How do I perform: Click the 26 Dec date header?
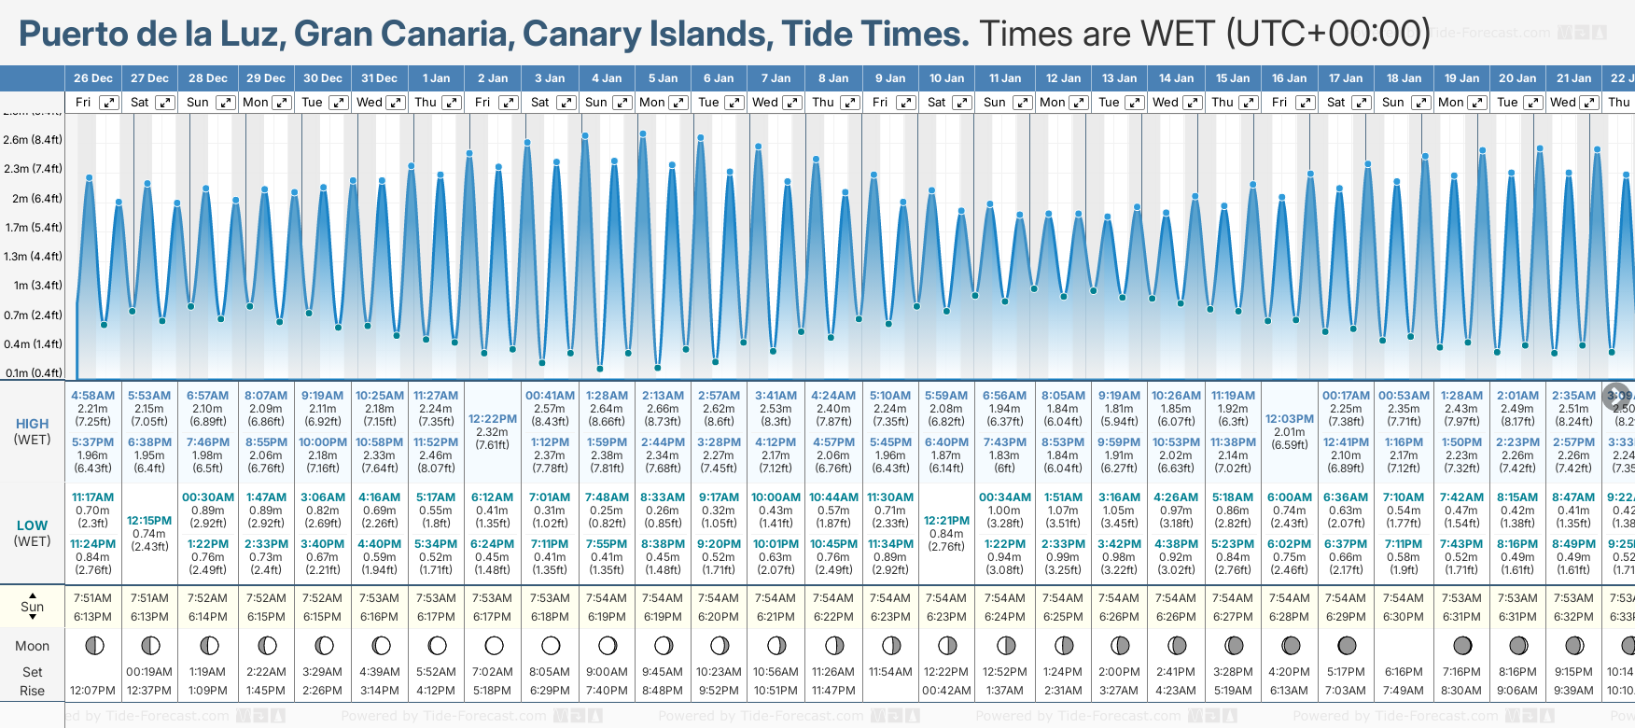coord(93,78)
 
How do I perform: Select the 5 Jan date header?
coord(663,78)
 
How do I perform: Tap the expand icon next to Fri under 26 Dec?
coord(109,103)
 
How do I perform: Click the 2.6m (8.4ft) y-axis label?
coord(33,140)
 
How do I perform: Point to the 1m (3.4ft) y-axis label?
coord(33,286)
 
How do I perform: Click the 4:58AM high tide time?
coord(93,396)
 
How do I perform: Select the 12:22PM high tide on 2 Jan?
coord(492,419)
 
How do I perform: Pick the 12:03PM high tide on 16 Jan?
coord(1289,419)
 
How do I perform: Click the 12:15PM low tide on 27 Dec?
coord(149,521)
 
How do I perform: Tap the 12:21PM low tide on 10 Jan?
coord(946,521)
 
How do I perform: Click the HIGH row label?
coord(33,424)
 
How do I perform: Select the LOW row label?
coord(33,525)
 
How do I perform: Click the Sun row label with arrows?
coord(33,607)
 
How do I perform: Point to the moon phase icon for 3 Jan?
coord(551,645)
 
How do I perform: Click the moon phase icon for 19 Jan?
coord(1461,645)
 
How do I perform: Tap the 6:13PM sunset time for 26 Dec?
coord(93,617)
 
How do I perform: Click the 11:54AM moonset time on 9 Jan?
coord(889,672)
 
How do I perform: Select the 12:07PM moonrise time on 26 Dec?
coord(93,691)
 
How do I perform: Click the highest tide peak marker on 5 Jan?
coord(643,133)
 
